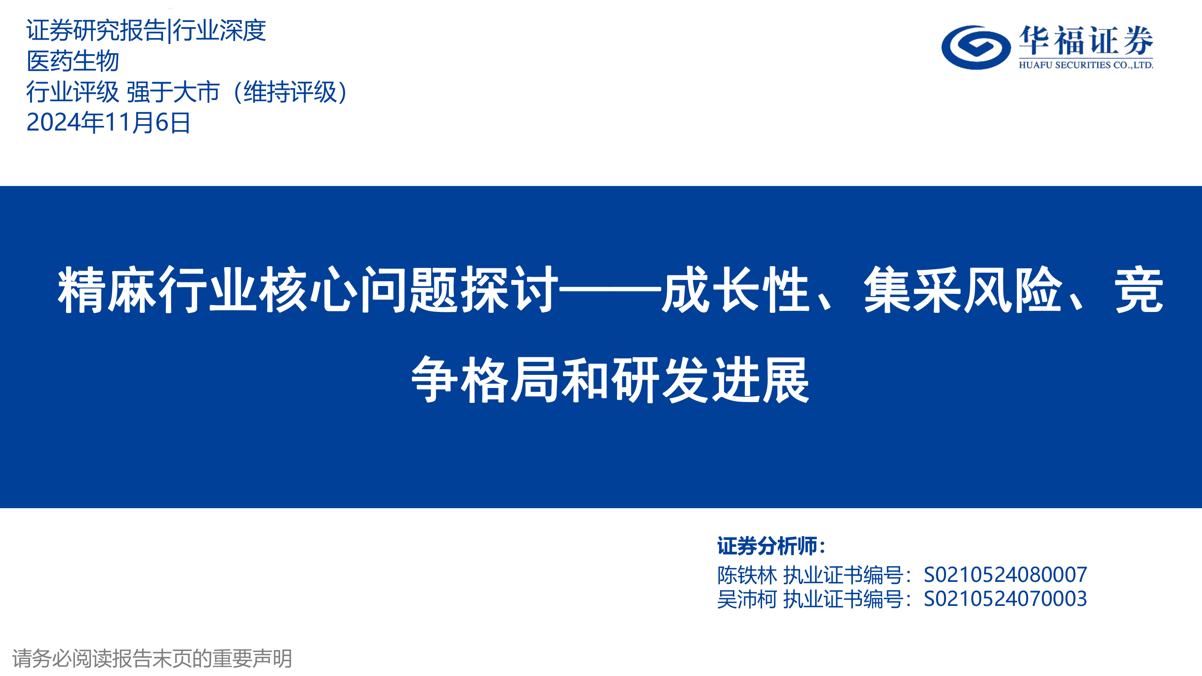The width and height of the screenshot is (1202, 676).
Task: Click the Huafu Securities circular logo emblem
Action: pos(976,47)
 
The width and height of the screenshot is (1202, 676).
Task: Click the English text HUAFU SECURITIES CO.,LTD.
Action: pos(1086,65)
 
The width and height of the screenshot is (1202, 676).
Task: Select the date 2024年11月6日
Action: pos(108,123)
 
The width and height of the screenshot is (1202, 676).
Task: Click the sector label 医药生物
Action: pos(73,61)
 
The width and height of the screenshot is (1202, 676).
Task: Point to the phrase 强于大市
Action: pos(173,92)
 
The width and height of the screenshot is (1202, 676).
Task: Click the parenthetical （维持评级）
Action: pos(290,92)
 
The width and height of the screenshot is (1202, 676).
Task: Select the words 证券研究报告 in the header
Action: pos(96,30)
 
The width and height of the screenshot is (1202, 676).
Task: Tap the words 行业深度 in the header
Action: pos(219,30)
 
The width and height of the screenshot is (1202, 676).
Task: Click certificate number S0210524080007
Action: pos(1006,575)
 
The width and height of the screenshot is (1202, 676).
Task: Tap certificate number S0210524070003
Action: pos(1006,599)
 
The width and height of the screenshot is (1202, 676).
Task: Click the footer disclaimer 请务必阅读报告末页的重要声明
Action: pos(152,658)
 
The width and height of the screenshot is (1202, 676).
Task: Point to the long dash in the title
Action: pos(610,290)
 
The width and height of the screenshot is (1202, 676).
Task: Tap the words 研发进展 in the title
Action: pos(711,379)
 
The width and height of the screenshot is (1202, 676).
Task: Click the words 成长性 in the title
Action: pos(735,290)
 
